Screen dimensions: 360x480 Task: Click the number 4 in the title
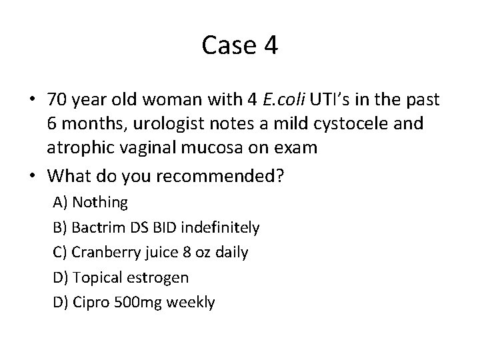(271, 46)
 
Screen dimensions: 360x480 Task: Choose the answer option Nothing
(100, 201)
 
